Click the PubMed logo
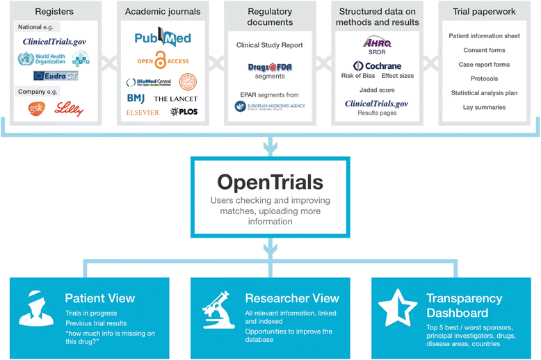(x=163, y=39)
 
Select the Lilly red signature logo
(x=70, y=108)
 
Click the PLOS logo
(x=184, y=111)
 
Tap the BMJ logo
(x=136, y=98)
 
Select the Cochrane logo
(x=378, y=66)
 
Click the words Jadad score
(x=377, y=90)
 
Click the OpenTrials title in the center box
(x=270, y=182)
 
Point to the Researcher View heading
(x=292, y=298)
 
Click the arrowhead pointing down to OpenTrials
(x=270, y=146)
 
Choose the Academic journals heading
(x=163, y=11)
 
